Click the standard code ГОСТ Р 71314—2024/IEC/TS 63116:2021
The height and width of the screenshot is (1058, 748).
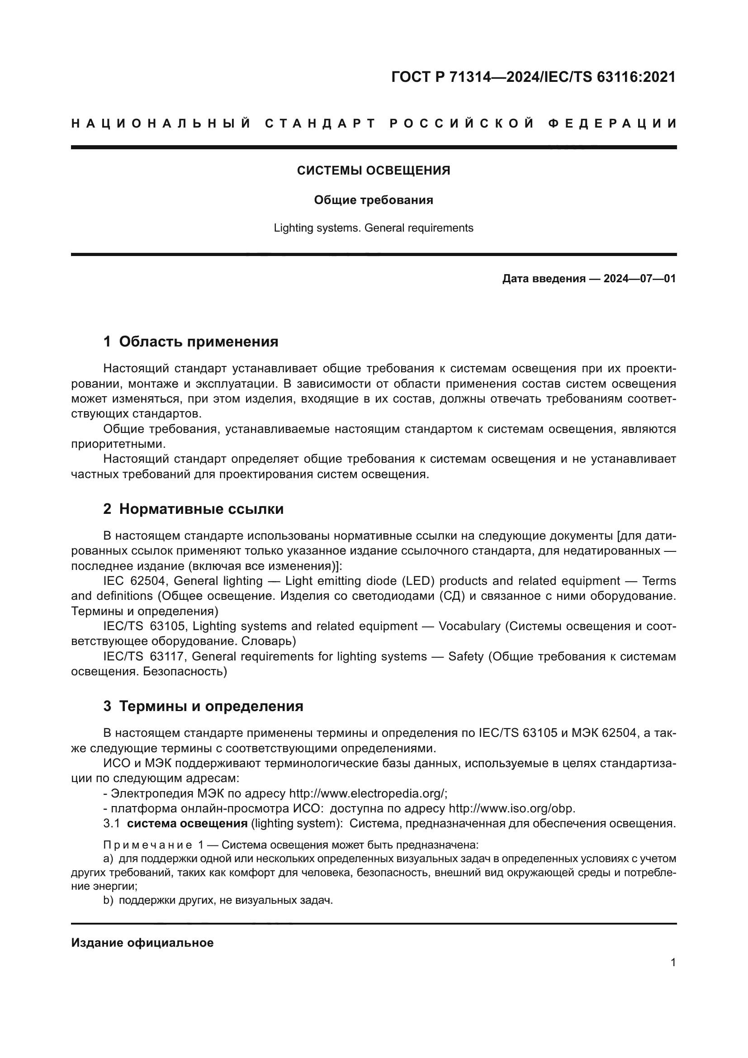[533, 77]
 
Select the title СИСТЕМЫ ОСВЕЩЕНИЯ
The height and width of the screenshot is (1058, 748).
[374, 171]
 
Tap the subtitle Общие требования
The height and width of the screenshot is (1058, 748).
[374, 200]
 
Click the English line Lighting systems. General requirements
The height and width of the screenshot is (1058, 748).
[374, 228]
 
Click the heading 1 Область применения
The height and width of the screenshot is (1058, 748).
[191, 342]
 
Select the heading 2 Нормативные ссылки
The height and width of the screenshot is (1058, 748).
[194, 509]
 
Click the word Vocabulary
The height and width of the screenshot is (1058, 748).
[469, 626]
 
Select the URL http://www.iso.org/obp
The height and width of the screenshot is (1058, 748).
[511, 809]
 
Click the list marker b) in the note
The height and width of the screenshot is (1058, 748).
[108, 901]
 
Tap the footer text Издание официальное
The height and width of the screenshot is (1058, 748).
[142, 943]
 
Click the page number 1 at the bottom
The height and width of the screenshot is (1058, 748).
[673, 963]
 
